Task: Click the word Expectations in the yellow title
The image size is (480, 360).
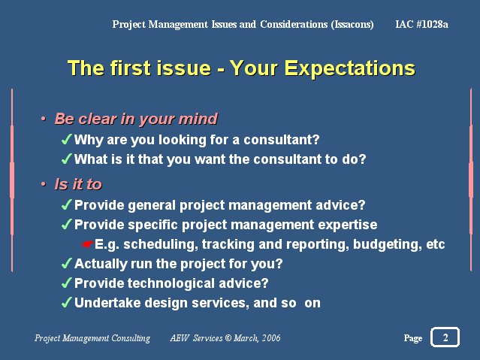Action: [349, 68]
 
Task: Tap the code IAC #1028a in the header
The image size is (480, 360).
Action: [421, 24]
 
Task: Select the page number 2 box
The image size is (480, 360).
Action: [445, 337]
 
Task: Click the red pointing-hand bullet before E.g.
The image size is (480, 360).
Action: [88, 244]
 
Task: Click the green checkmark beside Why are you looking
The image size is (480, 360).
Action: [66, 139]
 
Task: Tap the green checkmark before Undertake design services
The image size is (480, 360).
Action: [66, 302]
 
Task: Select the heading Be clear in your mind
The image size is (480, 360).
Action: [136, 119]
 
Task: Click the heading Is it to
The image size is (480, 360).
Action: [78, 184]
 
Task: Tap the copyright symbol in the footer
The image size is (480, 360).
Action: [228, 338]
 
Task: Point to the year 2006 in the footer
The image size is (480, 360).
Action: [271, 338]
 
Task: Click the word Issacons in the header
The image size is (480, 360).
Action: [352, 24]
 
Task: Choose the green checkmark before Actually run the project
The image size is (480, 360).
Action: [66, 263]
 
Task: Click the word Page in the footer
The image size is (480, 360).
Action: [413, 338]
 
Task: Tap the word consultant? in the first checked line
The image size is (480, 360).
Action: [282, 140]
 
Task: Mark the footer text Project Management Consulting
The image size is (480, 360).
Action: [92, 338]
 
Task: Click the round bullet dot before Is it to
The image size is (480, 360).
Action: [44, 184]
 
